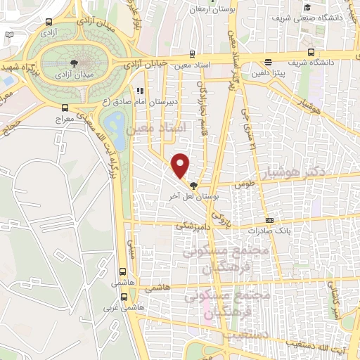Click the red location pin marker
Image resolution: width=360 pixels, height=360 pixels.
[x=181, y=165]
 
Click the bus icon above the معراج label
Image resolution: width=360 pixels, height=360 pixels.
[x=65, y=108]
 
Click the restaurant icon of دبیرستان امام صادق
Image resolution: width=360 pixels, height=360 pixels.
[x=139, y=91]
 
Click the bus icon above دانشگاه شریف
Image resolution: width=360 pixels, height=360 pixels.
[x=311, y=52]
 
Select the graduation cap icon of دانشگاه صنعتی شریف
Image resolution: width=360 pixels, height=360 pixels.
[x=307, y=8]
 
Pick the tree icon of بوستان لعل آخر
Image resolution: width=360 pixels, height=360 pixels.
[x=193, y=185]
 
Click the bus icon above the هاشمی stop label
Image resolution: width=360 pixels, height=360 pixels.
[x=122, y=271]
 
